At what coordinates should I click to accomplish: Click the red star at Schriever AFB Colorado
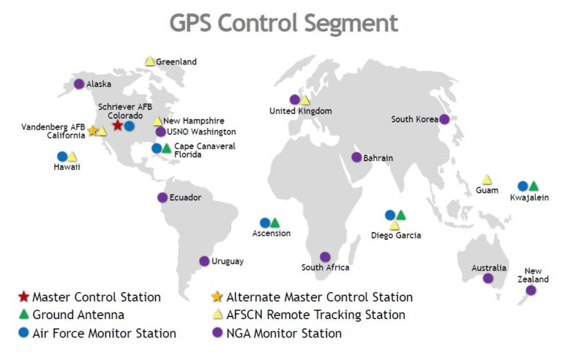(x=118, y=126)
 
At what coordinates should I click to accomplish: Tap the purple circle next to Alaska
(x=79, y=83)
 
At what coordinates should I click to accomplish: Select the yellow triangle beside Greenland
(x=149, y=61)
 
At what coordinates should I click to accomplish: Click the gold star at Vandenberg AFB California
(x=92, y=131)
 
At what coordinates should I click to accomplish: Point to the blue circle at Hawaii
(x=62, y=156)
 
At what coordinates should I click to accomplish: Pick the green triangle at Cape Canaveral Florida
(x=167, y=149)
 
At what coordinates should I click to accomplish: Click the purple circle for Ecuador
(x=162, y=197)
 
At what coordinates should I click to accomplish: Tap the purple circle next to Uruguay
(x=204, y=260)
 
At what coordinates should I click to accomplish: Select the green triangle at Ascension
(x=274, y=223)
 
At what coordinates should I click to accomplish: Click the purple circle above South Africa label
(x=325, y=257)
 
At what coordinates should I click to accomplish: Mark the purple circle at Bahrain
(x=356, y=157)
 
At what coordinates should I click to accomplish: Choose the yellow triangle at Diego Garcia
(x=394, y=225)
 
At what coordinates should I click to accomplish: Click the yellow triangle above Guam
(x=487, y=180)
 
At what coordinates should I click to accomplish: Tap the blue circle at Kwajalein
(x=522, y=186)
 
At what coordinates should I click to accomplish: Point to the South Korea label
(x=414, y=119)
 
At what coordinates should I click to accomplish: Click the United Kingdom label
(x=300, y=111)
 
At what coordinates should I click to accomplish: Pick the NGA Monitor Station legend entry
(x=284, y=334)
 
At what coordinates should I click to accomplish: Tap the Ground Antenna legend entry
(x=78, y=315)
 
